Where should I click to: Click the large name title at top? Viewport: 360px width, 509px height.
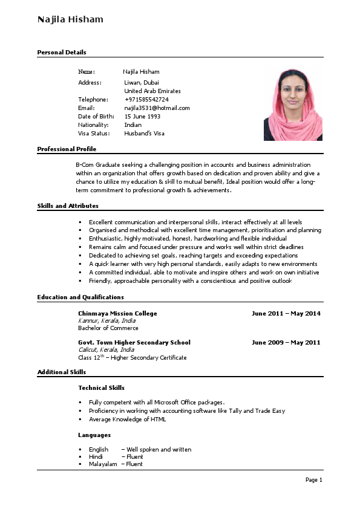(x=70, y=19)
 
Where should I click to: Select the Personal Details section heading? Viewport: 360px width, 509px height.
(x=62, y=53)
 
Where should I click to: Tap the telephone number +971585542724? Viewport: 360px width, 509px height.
(x=146, y=99)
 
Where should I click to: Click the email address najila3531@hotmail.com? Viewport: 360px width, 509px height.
(x=157, y=108)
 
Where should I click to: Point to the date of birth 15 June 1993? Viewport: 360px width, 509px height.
(x=142, y=116)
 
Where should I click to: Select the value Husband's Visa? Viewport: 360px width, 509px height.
(x=144, y=133)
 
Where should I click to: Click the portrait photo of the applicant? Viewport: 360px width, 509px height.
(x=293, y=104)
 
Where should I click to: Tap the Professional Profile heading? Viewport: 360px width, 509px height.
(x=67, y=149)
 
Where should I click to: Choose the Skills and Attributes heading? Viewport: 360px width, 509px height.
(x=68, y=206)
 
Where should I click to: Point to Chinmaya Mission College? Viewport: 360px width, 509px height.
(x=117, y=313)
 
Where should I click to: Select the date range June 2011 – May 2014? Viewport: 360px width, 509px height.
(x=286, y=313)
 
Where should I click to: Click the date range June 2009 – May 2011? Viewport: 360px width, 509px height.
(x=286, y=342)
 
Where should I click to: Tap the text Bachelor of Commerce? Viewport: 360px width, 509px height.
(x=108, y=328)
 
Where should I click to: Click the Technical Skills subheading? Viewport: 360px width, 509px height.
(x=101, y=387)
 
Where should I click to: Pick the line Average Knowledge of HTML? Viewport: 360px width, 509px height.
(x=127, y=419)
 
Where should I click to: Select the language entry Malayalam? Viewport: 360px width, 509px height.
(x=102, y=464)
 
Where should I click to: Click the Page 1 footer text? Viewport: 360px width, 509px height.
(x=313, y=480)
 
